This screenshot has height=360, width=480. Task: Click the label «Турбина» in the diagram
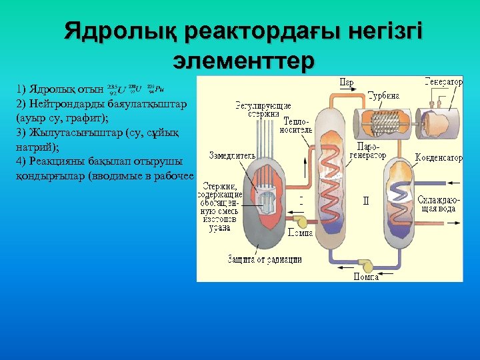coord(383,95)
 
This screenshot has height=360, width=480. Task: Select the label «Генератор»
coord(443,82)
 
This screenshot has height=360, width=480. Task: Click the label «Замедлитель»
coord(232,155)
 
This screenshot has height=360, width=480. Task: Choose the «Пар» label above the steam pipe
coord(346,83)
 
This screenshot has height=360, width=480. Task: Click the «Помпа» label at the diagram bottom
coord(366,277)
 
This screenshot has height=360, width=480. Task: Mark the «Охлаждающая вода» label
coord(437,203)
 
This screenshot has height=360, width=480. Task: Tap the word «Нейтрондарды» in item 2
coord(63,104)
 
